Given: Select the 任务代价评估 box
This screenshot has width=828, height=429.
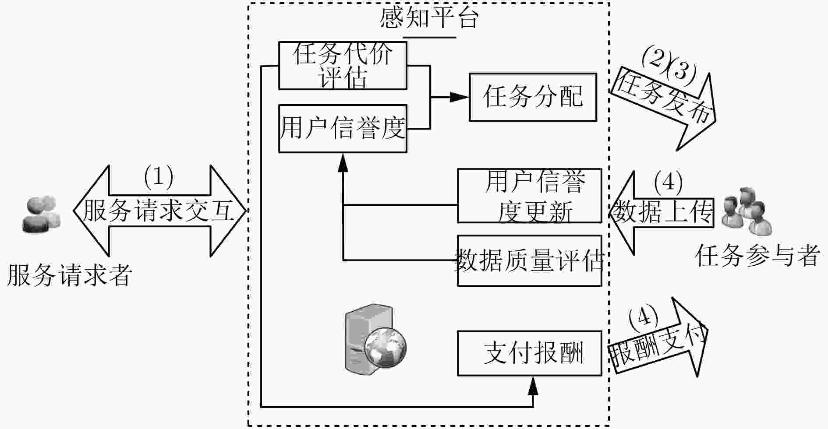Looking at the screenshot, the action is tap(343, 66).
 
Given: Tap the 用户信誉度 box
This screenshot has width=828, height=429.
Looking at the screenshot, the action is tap(343, 129).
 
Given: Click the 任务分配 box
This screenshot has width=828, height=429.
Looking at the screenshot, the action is tap(533, 97).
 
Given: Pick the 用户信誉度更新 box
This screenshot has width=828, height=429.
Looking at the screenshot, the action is tap(530, 196).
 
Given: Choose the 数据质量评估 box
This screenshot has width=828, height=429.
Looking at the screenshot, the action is tap(530, 260).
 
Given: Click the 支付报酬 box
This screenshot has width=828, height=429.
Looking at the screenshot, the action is tap(530, 353).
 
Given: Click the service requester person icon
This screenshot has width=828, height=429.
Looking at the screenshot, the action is tap(41, 214).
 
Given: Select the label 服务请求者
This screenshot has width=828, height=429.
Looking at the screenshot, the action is tap(70, 275).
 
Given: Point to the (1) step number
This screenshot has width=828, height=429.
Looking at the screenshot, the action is tap(159, 176).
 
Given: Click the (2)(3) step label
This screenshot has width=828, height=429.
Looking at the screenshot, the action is tap(668, 65).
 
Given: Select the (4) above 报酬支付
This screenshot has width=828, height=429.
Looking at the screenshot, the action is tap(643, 317).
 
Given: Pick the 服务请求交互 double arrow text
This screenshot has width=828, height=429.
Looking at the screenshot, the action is tap(158, 211).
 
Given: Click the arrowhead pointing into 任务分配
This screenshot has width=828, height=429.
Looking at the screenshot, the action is tap(460, 97).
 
